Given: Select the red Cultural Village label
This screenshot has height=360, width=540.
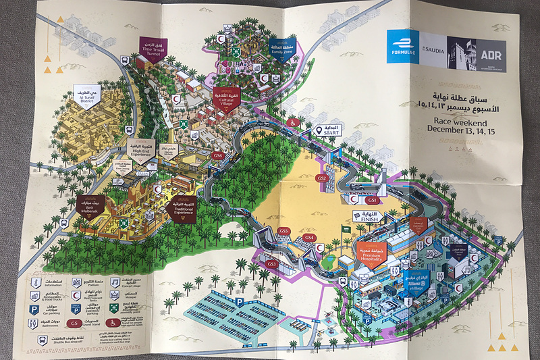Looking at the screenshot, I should pos(225,99).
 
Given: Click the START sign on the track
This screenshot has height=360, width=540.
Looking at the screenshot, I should pos(329,130).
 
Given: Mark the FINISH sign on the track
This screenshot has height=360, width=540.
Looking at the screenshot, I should pos(367,217).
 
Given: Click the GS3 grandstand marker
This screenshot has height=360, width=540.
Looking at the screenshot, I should pos(272,263).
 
